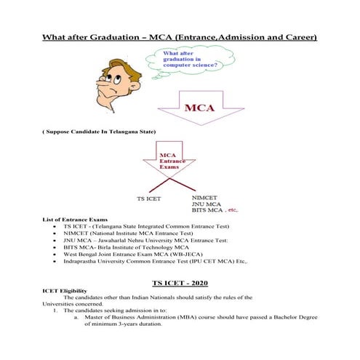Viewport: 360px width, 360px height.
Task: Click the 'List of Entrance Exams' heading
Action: point(76,219)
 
